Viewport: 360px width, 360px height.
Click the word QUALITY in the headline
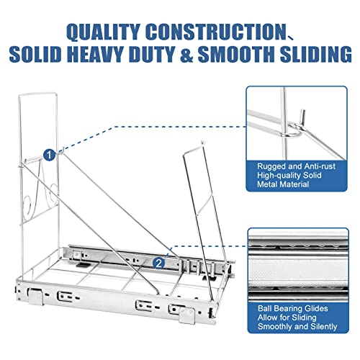pyautogui.click(x=103, y=32)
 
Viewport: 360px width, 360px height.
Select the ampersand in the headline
pyautogui.click(x=184, y=54)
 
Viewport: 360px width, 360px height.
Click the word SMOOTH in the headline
pyautogui.click(x=236, y=54)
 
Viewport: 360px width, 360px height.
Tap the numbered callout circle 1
pyautogui.click(x=49, y=155)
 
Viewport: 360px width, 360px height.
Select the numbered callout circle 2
pyautogui.click(x=158, y=264)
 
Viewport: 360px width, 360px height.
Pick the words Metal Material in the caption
pyautogui.click(x=283, y=184)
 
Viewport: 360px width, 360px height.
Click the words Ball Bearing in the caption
pyautogui.click(x=276, y=309)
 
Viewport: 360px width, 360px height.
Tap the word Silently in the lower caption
pyautogui.click(x=324, y=327)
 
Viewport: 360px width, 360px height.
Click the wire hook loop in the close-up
pyautogui.click(x=296, y=130)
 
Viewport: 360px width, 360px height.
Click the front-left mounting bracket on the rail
pyautogui.click(x=35, y=297)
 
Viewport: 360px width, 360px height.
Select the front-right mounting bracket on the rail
pyautogui.click(x=186, y=315)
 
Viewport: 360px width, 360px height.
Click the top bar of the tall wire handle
pyautogui.click(x=38, y=94)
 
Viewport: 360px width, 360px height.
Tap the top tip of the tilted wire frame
pyautogui.click(x=203, y=142)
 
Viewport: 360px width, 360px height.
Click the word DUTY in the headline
pyautogui.click(x=151, y=54)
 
